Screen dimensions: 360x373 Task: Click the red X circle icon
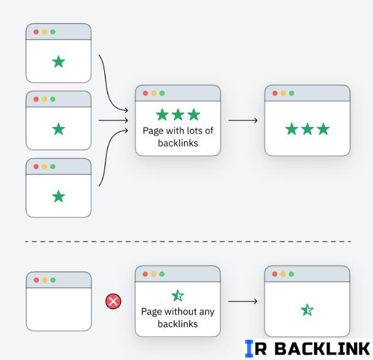pyautogui.click(x=113, y=301)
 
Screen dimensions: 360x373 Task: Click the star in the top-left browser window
pyautogui.click(x=58, y=62)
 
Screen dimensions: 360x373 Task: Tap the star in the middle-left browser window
pyautogui.click(x=58, y=129)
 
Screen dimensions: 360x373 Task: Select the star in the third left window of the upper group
pyautogui.click(x=58, y=196)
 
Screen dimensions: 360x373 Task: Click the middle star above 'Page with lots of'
pyautogui.click(x=178, y=115)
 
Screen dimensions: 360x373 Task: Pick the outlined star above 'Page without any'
pyautogui.click(x=178, y=296)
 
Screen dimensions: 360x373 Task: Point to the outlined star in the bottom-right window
pyautogui.click(x=307, y=310)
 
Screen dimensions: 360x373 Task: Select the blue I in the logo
pyautogui.click(x=248, y=349)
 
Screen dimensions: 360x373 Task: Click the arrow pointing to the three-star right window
pyautogui.click(x=242, y=120)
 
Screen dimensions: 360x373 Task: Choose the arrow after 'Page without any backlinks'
pyautogui.click(x=242, y=301)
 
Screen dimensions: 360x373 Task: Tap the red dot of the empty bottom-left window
pyautogui.click(x=36, y=280)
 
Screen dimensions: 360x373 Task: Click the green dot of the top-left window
pyautogui.click(x=53, y=32)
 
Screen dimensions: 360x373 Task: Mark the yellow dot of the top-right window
pyautogui.click(x=283, y=93)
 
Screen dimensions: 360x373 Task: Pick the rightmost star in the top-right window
pyautogui.click(x=323, y=129)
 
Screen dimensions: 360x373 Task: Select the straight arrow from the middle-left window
pyautogui.click(x=113, y=120)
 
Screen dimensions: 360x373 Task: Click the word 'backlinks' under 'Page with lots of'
pyautogui.click(x=178, y=143)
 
